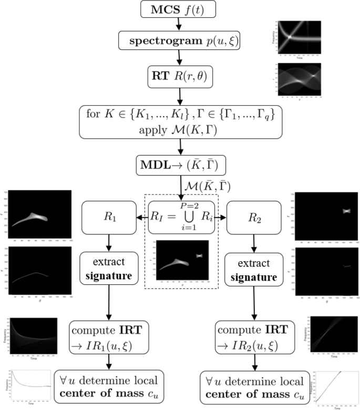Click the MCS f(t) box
tap(180, 10)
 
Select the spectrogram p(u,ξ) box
tap(180, 40)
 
